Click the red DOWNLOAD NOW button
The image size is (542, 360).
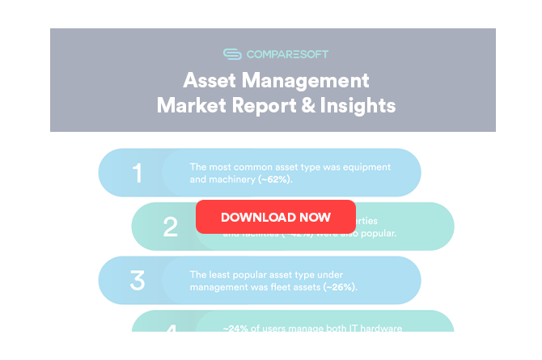point(275,217)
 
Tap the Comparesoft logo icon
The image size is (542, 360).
point(232,54)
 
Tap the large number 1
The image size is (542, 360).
point(137,173)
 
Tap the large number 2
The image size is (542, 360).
point(170,227)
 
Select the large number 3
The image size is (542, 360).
point(137,281)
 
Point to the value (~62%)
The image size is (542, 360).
point(275,180)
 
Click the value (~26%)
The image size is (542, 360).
point(340,287)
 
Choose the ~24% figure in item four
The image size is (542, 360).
point(235,328)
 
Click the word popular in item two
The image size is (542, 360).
point(376,234)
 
